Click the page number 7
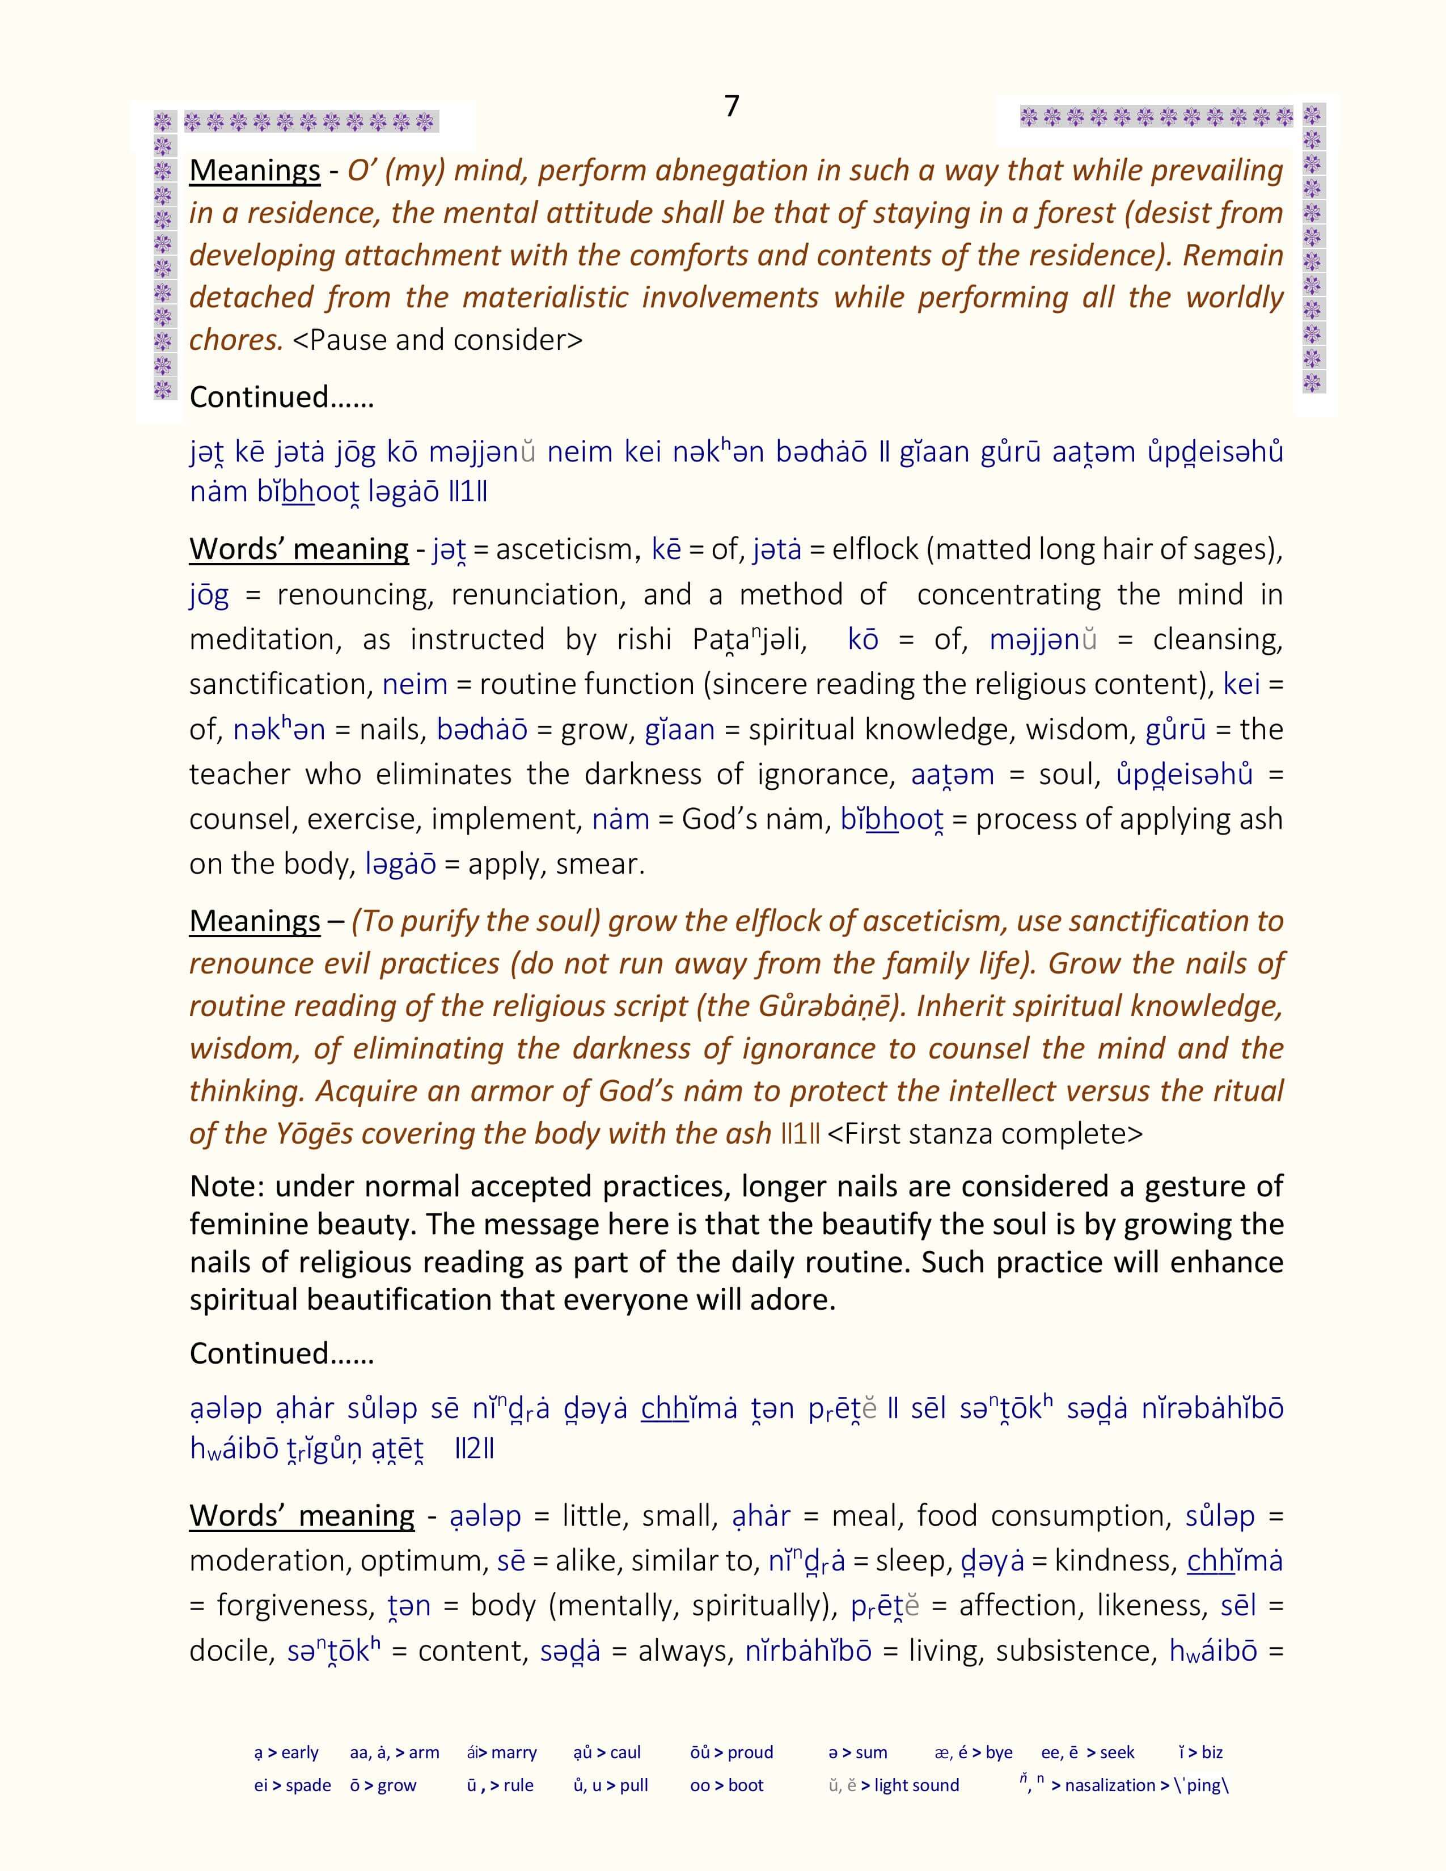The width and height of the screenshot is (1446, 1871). coord(732,106)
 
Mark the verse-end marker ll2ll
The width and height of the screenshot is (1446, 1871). coord(473,1449)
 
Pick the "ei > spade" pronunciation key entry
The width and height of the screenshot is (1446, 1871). coord(292,1785)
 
